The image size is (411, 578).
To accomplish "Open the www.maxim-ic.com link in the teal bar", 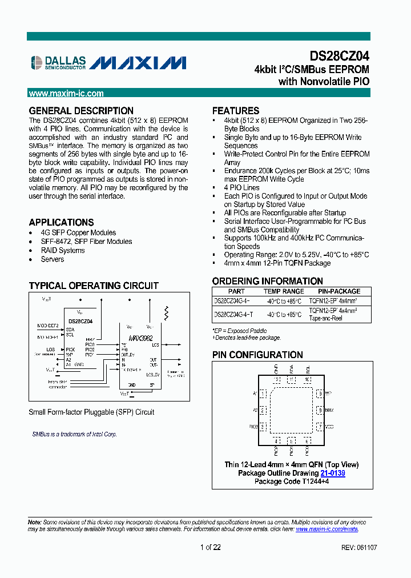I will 66,94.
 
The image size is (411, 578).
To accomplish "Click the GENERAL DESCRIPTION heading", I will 81,111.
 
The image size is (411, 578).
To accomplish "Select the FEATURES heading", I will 236,111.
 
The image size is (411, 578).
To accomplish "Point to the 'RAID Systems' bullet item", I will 63,250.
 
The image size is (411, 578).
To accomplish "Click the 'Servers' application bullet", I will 53,259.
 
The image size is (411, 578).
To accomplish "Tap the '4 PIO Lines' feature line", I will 241,187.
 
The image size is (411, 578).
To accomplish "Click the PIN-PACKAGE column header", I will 339,291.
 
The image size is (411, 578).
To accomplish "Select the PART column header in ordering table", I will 236,291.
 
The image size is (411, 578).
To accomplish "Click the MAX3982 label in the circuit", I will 140,338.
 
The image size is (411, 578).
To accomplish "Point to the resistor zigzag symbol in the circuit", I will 167,312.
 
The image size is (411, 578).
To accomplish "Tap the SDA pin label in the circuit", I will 70,330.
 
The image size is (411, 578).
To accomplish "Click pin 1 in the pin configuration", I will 263,394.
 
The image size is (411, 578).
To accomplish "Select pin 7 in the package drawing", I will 321,426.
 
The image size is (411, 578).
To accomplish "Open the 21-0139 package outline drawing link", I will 333,473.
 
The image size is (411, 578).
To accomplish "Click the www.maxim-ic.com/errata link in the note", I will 327,529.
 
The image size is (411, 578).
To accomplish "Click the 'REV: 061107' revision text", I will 358,547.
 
